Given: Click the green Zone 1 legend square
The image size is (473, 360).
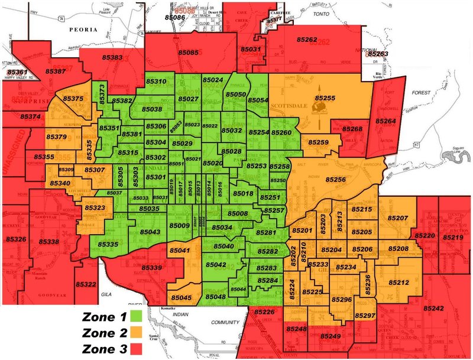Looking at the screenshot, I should click(138, 317).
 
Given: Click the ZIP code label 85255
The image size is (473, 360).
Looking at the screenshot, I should click(325, 98).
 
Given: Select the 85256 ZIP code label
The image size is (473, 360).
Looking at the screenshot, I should click(334, 179).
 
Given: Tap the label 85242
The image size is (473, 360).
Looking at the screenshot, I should click(433, 309).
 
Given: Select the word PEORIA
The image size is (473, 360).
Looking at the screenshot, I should click(83, 28).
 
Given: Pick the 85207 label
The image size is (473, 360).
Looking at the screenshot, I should click(398, 218).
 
